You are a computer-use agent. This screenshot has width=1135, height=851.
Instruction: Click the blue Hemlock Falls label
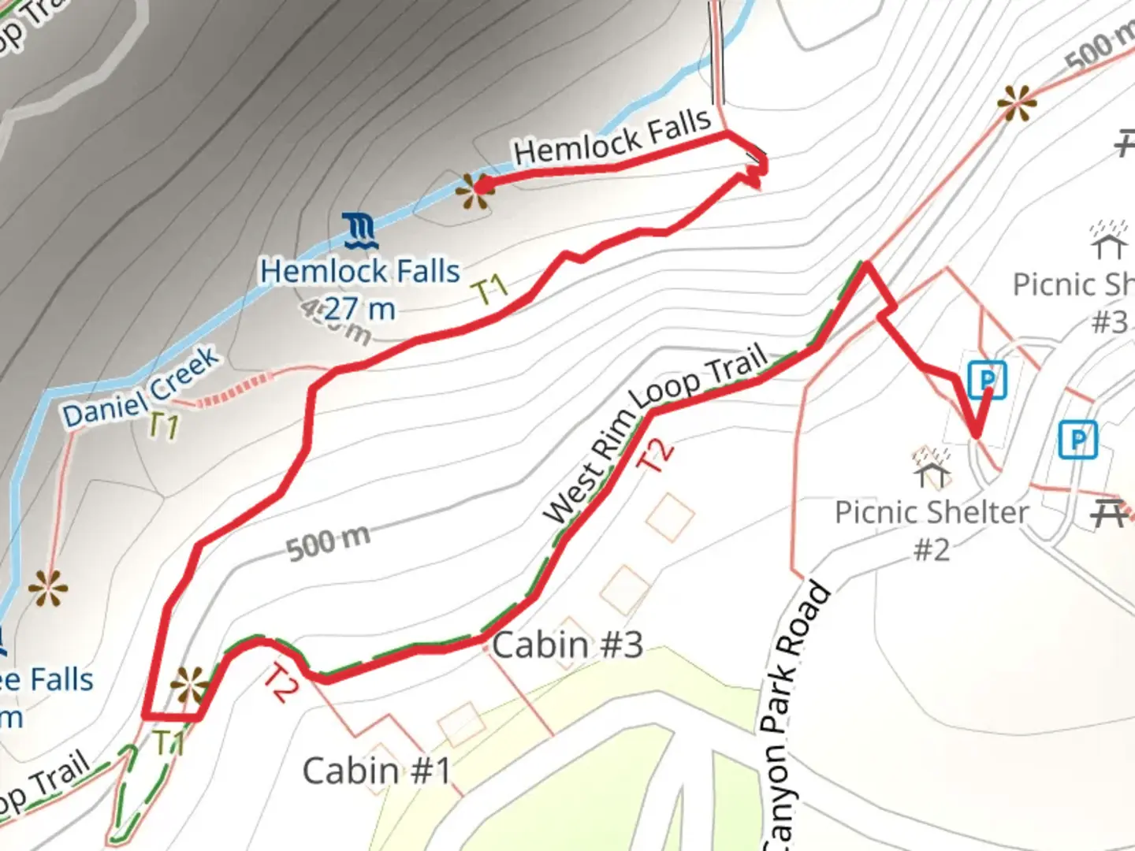360,272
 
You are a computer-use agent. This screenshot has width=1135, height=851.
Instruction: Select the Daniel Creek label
142,388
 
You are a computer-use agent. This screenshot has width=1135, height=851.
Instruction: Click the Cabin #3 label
568,645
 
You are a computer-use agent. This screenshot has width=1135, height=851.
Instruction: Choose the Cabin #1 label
377,771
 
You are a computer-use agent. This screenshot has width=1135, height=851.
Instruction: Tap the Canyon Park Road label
796,717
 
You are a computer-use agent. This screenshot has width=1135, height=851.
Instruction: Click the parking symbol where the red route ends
987,380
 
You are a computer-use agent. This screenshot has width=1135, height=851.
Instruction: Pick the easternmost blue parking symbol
1077,439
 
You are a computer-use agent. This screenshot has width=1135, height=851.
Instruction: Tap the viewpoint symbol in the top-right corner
1015,103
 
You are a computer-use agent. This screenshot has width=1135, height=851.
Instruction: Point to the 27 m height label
359,308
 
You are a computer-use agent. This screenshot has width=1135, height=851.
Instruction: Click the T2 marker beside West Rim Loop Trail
656,454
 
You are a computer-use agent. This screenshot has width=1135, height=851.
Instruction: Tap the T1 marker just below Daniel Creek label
164,425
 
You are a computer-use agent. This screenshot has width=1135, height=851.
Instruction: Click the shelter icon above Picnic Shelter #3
1109,240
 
